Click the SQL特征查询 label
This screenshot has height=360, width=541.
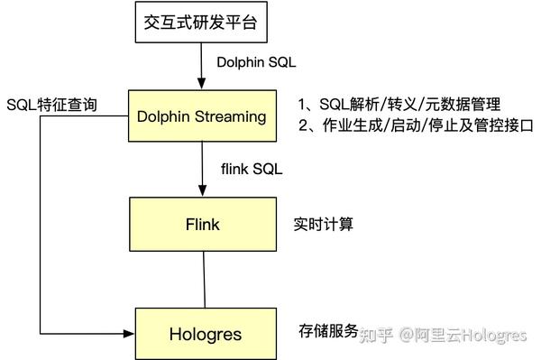(x=51, y=107)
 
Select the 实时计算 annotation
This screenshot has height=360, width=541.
(x=324, y=223)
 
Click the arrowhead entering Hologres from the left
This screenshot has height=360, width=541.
(x=130, y=332)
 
